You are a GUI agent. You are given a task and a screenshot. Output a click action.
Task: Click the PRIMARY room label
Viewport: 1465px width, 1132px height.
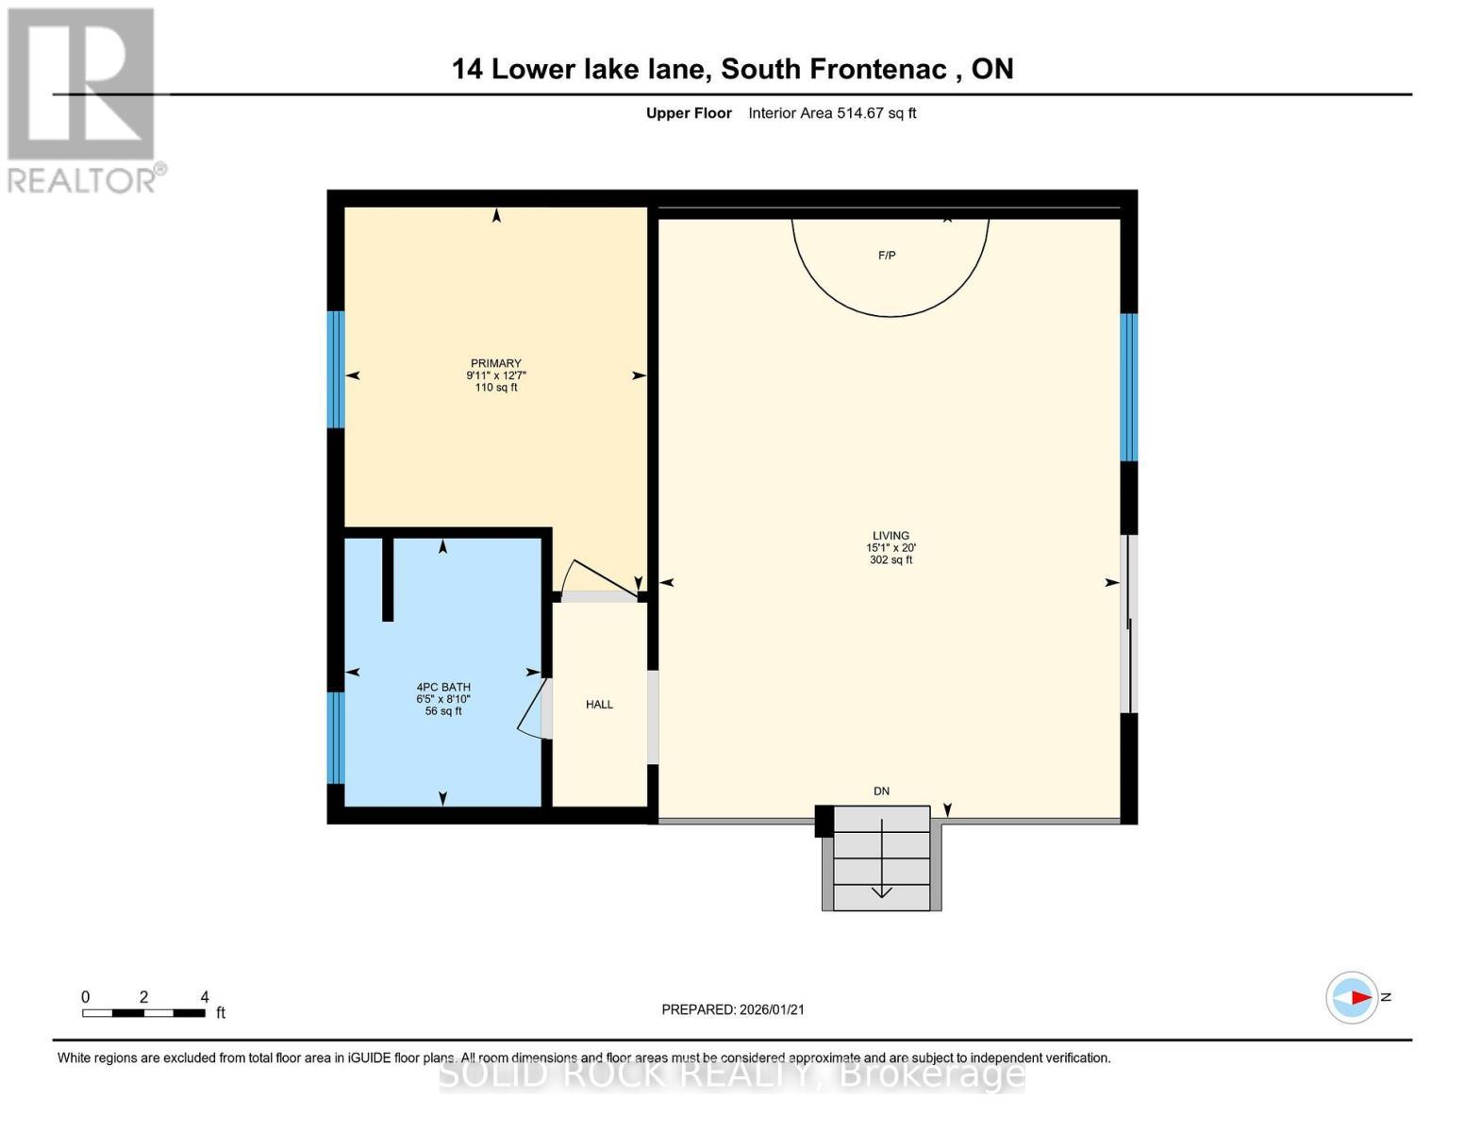tap(495, 364)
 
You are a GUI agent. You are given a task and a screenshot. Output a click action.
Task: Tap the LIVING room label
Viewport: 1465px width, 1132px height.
tap(891, 536)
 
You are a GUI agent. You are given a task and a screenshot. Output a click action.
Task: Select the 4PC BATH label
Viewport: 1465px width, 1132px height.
tap(443, 688)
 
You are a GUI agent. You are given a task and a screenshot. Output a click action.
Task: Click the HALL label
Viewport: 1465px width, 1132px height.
tap(599, 705)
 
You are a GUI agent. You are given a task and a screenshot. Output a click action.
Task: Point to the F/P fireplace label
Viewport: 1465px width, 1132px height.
tap(887, 256)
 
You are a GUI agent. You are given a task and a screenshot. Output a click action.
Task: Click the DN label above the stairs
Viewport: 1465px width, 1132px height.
tap(881, 791)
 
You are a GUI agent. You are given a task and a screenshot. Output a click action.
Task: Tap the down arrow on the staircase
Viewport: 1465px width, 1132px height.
tap(881, 859)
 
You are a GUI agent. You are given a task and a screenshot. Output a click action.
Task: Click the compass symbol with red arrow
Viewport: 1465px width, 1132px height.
tap(1352, 997)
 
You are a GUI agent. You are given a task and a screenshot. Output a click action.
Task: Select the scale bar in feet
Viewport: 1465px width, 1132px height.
tap(143, 1013)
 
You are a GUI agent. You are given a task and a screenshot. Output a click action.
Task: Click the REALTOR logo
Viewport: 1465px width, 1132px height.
tap(82, 99)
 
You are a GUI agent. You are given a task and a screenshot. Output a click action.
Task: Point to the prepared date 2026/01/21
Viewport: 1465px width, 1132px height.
tap(733, 1009)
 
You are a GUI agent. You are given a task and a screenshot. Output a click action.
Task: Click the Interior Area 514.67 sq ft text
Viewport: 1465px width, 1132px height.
tap(832, 113)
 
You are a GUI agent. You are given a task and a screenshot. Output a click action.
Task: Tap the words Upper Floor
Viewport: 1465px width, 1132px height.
tap(689, 113)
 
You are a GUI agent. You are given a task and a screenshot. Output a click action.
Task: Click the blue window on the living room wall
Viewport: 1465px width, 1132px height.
tap(1128, 387)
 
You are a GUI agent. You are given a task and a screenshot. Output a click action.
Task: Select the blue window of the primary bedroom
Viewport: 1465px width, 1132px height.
tap(336, 369)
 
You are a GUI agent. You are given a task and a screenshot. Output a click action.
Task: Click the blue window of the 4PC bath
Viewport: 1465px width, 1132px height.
tap(336, 738)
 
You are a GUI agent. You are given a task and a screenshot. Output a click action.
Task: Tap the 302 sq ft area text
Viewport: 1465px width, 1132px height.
tap(891, 560)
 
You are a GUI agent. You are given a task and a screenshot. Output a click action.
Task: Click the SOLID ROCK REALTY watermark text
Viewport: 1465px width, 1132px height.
tap(732, 1074)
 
